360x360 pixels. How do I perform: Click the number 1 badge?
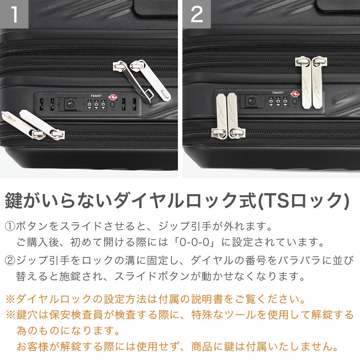pyautogui.click(x=14, y=14)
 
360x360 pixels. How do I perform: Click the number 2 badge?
pyautogui.click(x=197, y=14)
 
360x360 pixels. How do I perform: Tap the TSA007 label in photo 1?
pyautogui.click(x=96, y=96)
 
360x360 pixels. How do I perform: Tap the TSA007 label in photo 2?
pyautogui.click(x=278, y=93)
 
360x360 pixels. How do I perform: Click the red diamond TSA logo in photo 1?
pyautogui.click(x=112, y=97)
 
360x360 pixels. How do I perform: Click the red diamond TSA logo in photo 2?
pyautogui.click(x=295, y=94)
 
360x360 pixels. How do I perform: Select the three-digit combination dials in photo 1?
pyautogui.click(x=96, y=105)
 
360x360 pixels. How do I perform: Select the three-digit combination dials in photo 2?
pyautogui.click(x=278, y=101)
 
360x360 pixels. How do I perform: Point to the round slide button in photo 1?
pyautogui.click(x=70, y=104)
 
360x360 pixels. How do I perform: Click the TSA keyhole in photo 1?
pyautogui.click(x=113, y=104)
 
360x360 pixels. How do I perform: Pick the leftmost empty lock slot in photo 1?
pyautogui.click(x=42, y=104)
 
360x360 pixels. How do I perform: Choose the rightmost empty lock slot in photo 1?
pyautogui.click(x=134, y=104)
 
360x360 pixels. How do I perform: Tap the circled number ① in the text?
pyautogui.click(x=10, y=227)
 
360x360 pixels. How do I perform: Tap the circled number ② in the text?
pyautogui.click(x=10, y=260)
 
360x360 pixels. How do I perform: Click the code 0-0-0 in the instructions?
pyautogui.click(x=194, y=242)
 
